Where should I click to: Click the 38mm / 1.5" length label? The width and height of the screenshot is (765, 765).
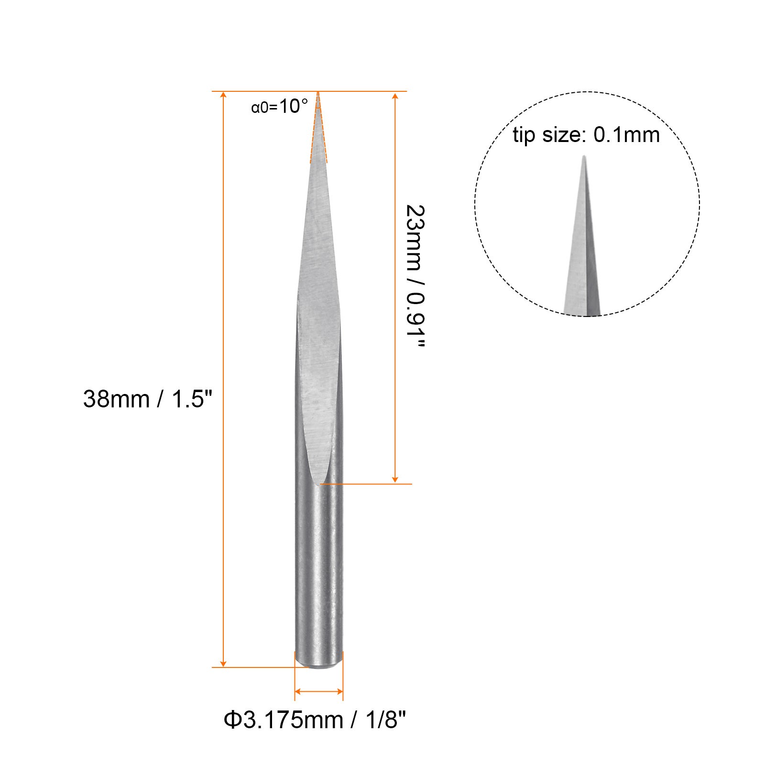click(x=147, y=399)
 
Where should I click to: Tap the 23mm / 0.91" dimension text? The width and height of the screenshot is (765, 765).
click(x=415, y=276)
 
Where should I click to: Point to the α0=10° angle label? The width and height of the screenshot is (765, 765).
click(x=279, y=106)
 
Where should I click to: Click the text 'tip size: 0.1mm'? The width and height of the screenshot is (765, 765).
click(x=586, y=135)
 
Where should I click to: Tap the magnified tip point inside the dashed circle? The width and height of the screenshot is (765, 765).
click(x=584, y=158)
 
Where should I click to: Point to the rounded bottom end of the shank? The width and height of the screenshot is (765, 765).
click(x=318, y=666)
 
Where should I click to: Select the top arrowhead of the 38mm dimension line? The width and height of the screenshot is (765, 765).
click(x=223, y=96)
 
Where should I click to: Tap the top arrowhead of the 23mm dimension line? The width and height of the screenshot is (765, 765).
click(x=395, y=96)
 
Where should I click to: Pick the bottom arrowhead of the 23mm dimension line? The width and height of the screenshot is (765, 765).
click(x=395, y=479)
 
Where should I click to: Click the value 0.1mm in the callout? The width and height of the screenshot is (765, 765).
click(x=626, y=135)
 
